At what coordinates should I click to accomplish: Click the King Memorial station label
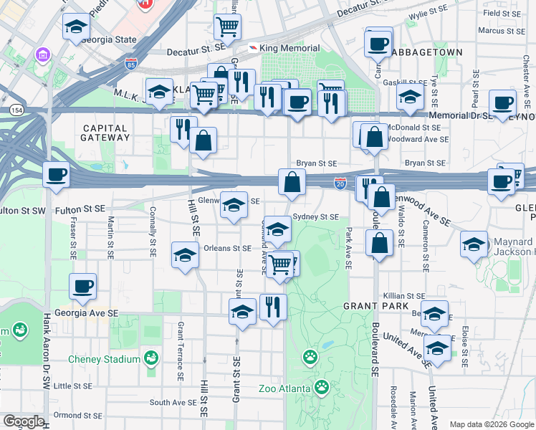[289, 48]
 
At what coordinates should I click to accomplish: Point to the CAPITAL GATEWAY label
[105, 132]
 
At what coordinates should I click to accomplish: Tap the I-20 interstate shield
[340, 184]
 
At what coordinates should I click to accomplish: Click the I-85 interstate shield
[130, 63]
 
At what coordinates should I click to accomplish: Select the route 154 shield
[16, 110]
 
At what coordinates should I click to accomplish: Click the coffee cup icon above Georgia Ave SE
[83, 287]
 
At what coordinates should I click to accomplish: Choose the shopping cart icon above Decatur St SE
[227, 27]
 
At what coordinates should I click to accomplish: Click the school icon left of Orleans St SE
[186, 255]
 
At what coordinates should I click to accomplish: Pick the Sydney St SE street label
[315, 216]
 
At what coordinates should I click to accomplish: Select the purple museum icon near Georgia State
[43, 54]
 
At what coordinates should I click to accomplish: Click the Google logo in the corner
[24, 421]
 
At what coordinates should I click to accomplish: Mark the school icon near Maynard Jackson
[474, 244]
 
